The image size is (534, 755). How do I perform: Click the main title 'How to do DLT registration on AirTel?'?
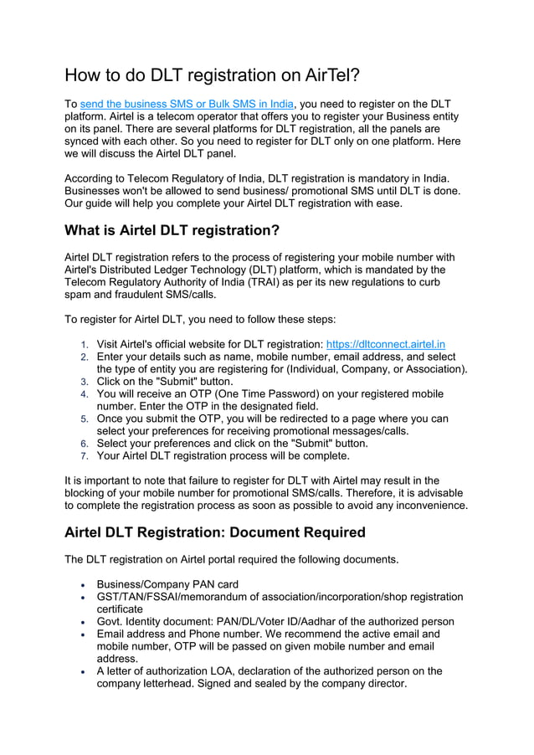pos(213,75)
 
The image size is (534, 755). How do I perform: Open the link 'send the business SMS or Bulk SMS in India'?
pos(187,105)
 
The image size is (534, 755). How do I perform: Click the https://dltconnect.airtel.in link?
pos(385,344)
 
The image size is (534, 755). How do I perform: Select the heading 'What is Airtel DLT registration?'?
pos(172,230)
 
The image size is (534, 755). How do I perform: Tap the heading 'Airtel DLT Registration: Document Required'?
pos(214,532)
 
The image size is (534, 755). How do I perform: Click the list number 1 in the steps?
pos(84,345)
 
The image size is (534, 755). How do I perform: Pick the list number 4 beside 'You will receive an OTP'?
pos(84,394)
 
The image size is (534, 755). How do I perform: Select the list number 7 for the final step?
pos(84,457)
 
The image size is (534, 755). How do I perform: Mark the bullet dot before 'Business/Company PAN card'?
pos(83,585)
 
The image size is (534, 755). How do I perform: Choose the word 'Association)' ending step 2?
pos(433,369)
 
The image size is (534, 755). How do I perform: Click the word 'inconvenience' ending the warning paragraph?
pos(427,506)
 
